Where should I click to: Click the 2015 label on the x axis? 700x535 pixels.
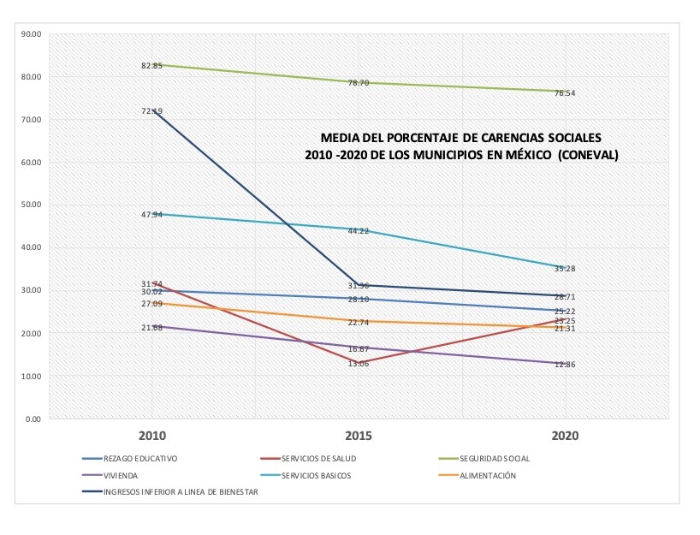358,436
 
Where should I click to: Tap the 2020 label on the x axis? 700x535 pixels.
565,436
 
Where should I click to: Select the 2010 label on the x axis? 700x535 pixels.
152,436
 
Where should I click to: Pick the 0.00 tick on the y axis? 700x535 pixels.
33,419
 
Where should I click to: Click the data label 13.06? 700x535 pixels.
358,363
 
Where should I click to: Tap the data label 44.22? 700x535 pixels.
358,231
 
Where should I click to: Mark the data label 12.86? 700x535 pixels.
565,364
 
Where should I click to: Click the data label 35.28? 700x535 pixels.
565,269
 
